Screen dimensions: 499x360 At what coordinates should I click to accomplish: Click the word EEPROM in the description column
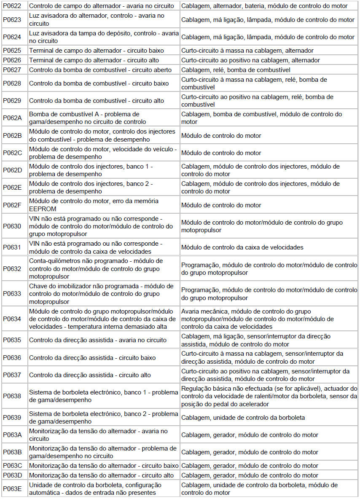[x=43, y=209]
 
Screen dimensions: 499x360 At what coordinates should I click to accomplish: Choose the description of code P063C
[x=104, y=466]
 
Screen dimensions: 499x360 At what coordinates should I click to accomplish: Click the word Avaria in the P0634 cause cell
[x=191, y=311]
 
